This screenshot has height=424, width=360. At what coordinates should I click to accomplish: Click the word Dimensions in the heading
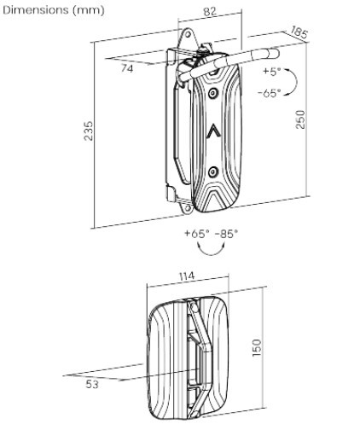tap(36, 10)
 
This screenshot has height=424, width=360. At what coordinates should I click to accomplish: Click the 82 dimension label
tap(210, 11)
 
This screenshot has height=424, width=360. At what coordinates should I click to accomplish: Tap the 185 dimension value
tap(299, 32)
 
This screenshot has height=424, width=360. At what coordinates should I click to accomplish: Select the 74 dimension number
tap(127, 68)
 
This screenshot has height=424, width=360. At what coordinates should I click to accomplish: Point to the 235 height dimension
tap(89, 131)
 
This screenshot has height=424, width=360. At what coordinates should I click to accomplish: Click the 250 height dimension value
tap(299, 119)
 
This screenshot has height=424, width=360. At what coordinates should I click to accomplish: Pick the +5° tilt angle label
tap(272, 71)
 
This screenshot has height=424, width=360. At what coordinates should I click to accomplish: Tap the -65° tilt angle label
tap(270, 93)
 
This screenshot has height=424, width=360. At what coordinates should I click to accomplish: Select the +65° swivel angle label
tap(197, 234)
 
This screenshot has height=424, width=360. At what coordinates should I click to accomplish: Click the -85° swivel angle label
tap(226, 234)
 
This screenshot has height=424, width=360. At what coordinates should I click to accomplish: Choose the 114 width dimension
tap(187, 276)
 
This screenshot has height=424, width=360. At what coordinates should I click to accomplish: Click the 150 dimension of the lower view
tap(256, 347)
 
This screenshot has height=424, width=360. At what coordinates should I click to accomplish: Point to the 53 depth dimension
tap(92, 385)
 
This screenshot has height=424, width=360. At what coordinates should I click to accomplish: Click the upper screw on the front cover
tap(212, 93)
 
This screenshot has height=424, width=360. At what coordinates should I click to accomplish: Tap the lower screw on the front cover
tap(212, 171)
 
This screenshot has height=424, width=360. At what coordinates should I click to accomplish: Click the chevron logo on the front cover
tap(213, 131)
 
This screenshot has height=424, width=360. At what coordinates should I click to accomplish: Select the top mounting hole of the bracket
tap(188, 35)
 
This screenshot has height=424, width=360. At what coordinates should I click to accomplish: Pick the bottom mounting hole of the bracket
tap(188, 208)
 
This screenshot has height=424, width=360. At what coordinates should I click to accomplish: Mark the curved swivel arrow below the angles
tap(212, 253)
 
